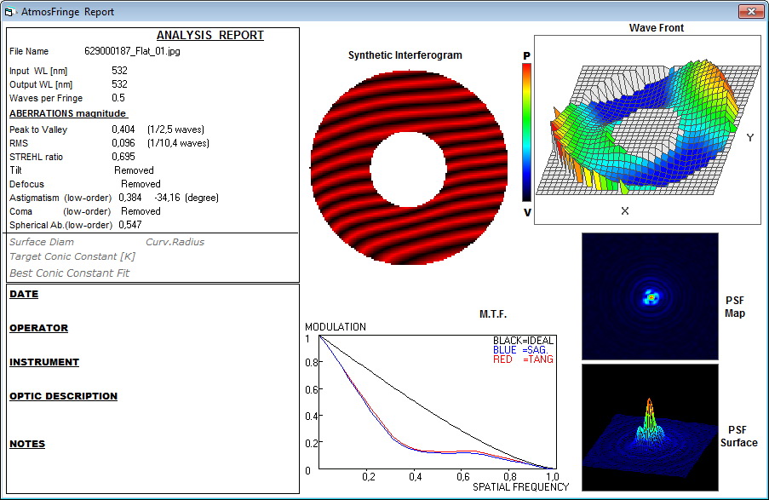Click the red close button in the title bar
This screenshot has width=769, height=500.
751,11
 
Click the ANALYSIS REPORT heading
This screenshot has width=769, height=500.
209,35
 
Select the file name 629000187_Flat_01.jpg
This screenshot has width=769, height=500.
132,51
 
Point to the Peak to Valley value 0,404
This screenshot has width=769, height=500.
123,129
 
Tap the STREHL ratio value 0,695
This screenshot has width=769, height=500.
123,157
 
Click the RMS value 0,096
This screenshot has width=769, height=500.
123,143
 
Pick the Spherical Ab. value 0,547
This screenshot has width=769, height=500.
130,225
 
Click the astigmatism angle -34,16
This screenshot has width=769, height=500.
167,198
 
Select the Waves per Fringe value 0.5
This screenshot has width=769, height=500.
118,98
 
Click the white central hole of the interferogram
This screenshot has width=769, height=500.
408,170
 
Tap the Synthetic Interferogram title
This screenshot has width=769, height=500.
405,55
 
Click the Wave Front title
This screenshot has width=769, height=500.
657,28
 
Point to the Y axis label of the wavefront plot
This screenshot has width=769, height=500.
750,138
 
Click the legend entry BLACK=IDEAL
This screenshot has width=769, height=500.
523,341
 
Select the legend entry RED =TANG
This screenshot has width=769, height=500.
523,359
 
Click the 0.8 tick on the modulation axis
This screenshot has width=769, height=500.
312,363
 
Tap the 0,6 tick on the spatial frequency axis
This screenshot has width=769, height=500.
463,477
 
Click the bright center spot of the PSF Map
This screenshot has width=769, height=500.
651,297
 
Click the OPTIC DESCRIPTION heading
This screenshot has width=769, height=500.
63,396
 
